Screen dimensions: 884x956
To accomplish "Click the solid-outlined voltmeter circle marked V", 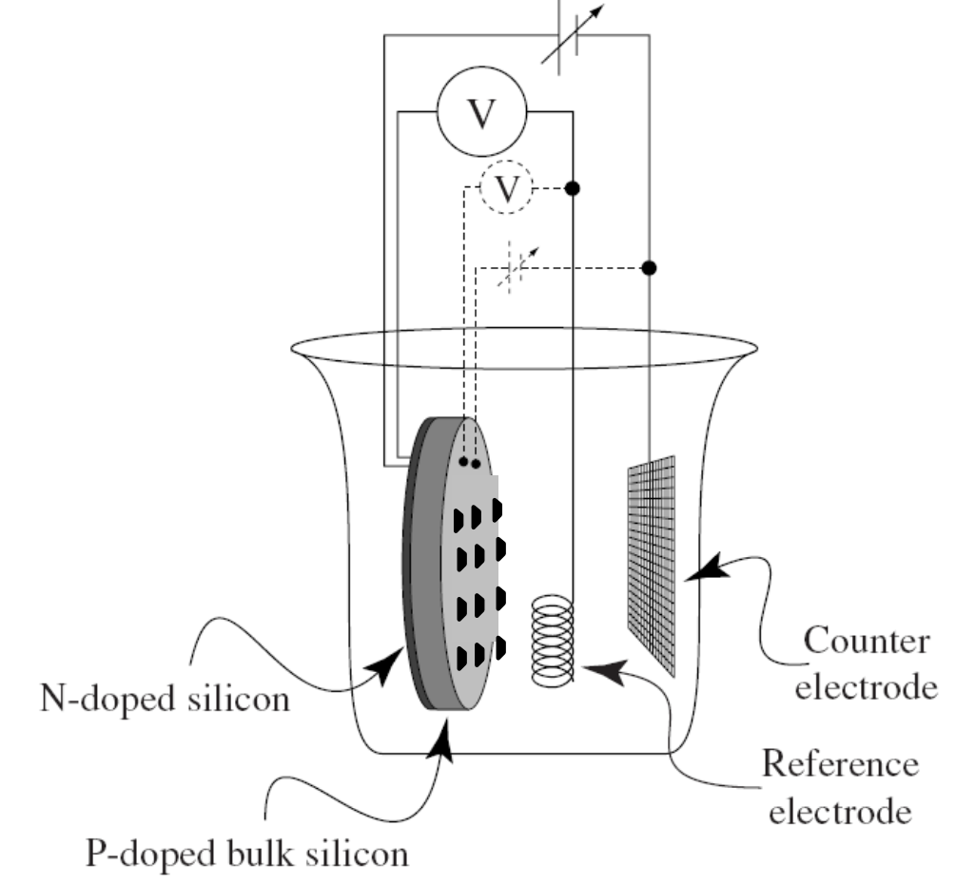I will tap(482, 113).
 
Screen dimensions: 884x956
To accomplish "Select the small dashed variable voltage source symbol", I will tap(519, 269).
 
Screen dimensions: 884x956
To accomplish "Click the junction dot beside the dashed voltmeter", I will tap(573, 189).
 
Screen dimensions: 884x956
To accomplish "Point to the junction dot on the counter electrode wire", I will tap(650, 268).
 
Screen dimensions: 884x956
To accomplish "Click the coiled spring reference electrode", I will tap(553, 641).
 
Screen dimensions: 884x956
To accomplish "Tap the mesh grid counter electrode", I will tap(652, 566).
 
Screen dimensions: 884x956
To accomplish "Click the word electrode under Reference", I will tap(840, 813).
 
